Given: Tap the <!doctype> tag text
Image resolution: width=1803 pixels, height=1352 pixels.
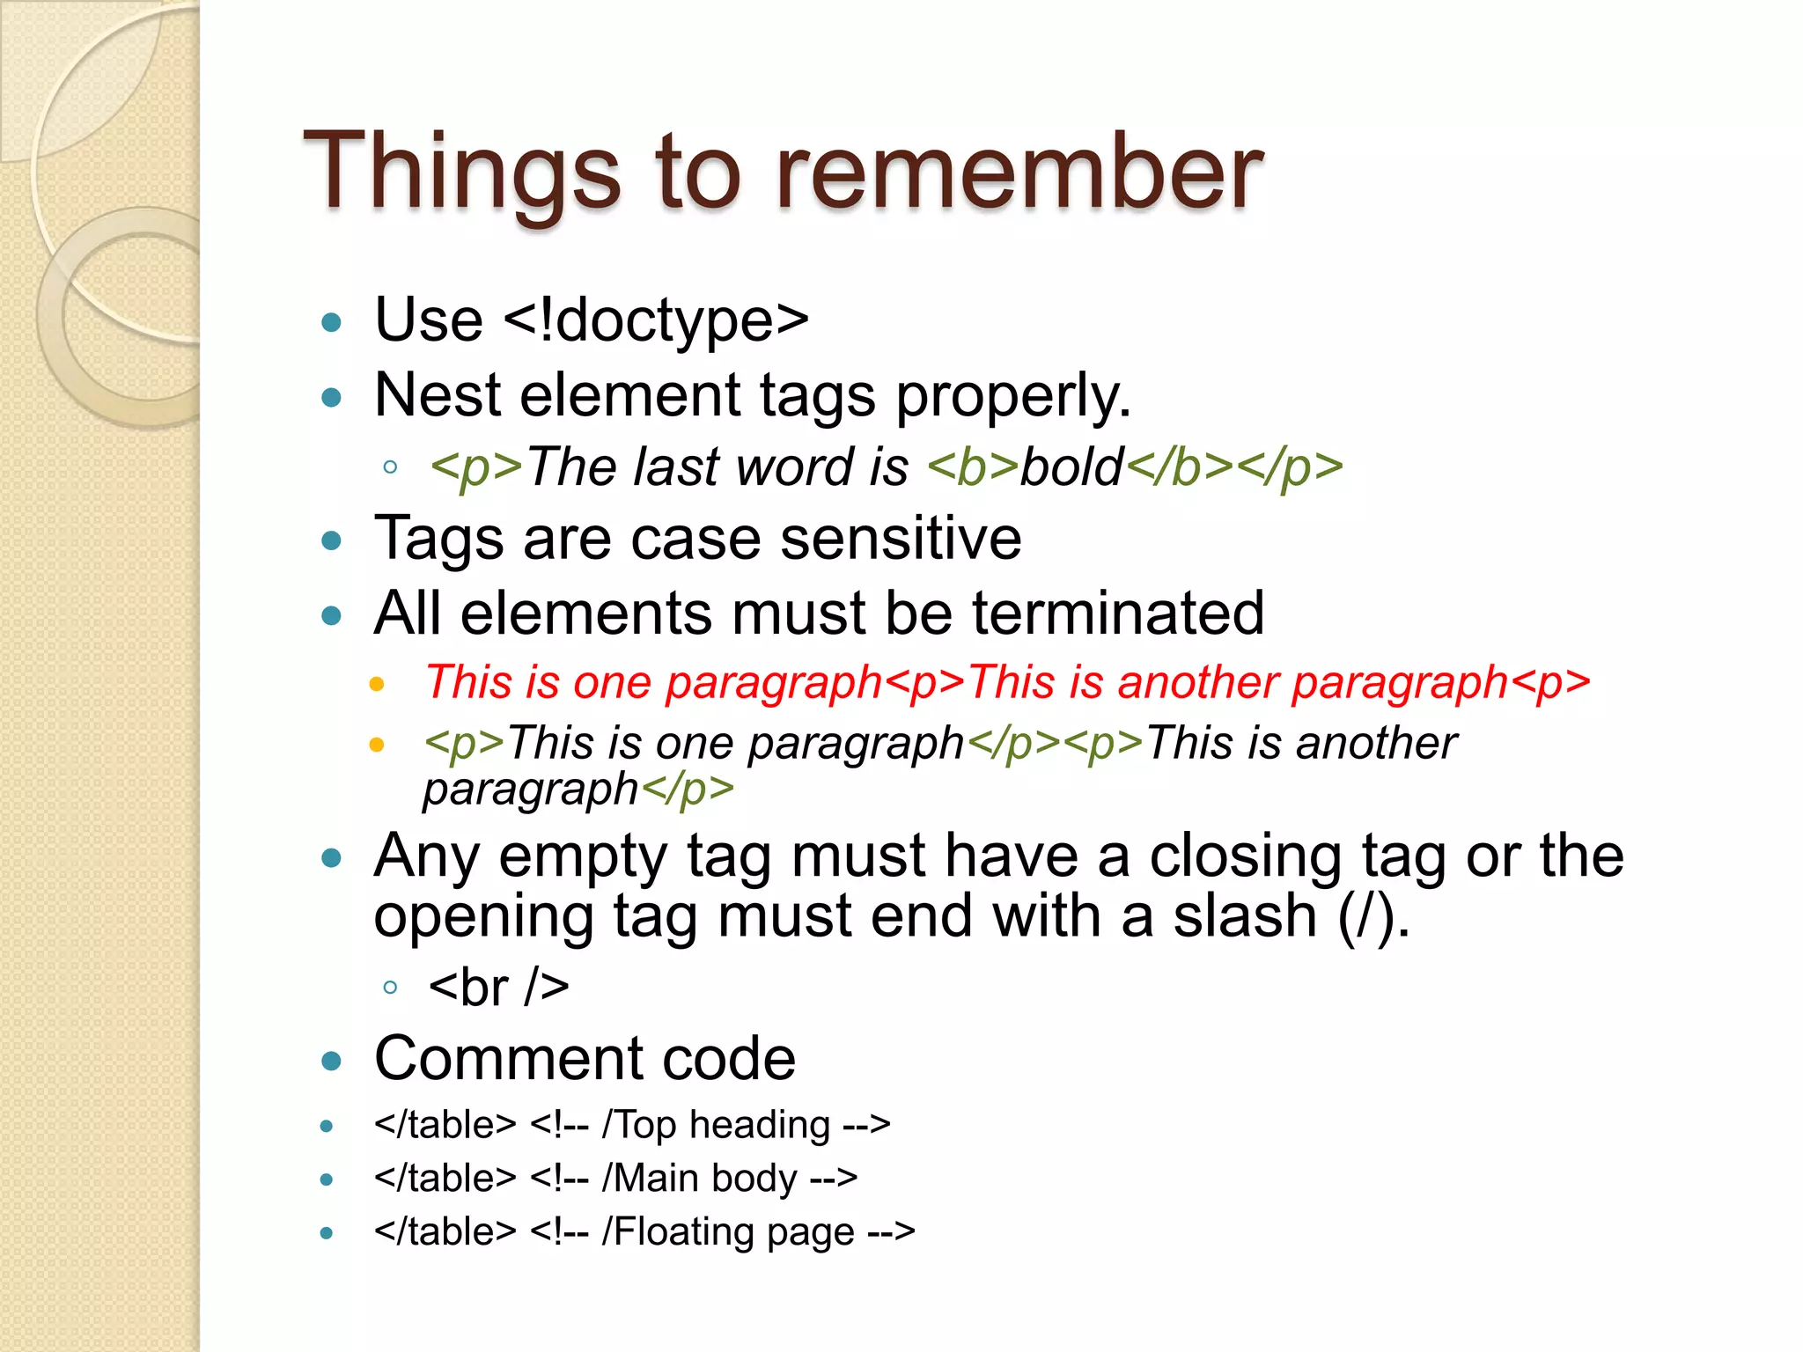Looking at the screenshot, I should pos(656,320).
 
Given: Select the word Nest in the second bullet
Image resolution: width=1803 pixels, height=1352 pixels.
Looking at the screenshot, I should pos(437,395).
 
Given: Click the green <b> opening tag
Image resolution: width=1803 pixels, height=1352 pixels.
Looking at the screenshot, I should pos(973,467).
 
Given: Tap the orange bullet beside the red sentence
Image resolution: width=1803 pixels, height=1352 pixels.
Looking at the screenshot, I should pos(377,684).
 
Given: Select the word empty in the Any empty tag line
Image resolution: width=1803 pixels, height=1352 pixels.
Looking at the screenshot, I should pos(583,856).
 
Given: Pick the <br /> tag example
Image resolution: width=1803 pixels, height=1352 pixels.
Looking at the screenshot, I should pos(498,988).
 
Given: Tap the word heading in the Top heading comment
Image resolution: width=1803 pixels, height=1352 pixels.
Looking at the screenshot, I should pos(759,1126).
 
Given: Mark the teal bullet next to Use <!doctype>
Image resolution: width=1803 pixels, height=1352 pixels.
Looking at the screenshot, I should pos(332,322).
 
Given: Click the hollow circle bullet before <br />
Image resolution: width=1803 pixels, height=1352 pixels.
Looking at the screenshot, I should pos(390,988).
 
